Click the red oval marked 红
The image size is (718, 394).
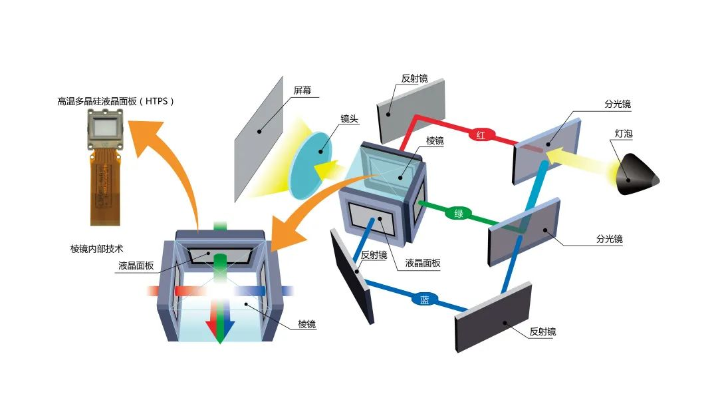click(479, 134)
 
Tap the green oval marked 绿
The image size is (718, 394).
click(458, 214)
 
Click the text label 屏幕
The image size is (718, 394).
click(302, 90)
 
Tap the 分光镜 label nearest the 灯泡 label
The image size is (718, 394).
click(618, 104)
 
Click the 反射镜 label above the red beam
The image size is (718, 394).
click(414, 79)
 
